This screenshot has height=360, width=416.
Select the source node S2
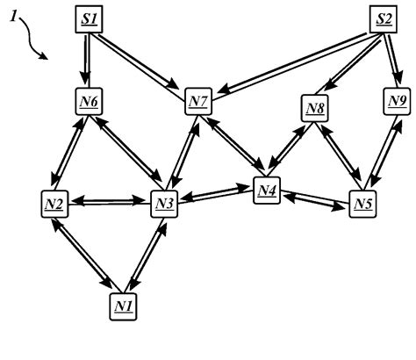click(x=382, y=19)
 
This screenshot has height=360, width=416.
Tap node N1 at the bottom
click(x=123, y=305)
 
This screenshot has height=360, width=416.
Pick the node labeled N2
click(x=54, y=205)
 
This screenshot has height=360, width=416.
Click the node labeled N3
click(x=164, y=205)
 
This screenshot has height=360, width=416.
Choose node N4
click(x=268, y=190)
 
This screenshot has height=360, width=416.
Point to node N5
click(x=362, y=205)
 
